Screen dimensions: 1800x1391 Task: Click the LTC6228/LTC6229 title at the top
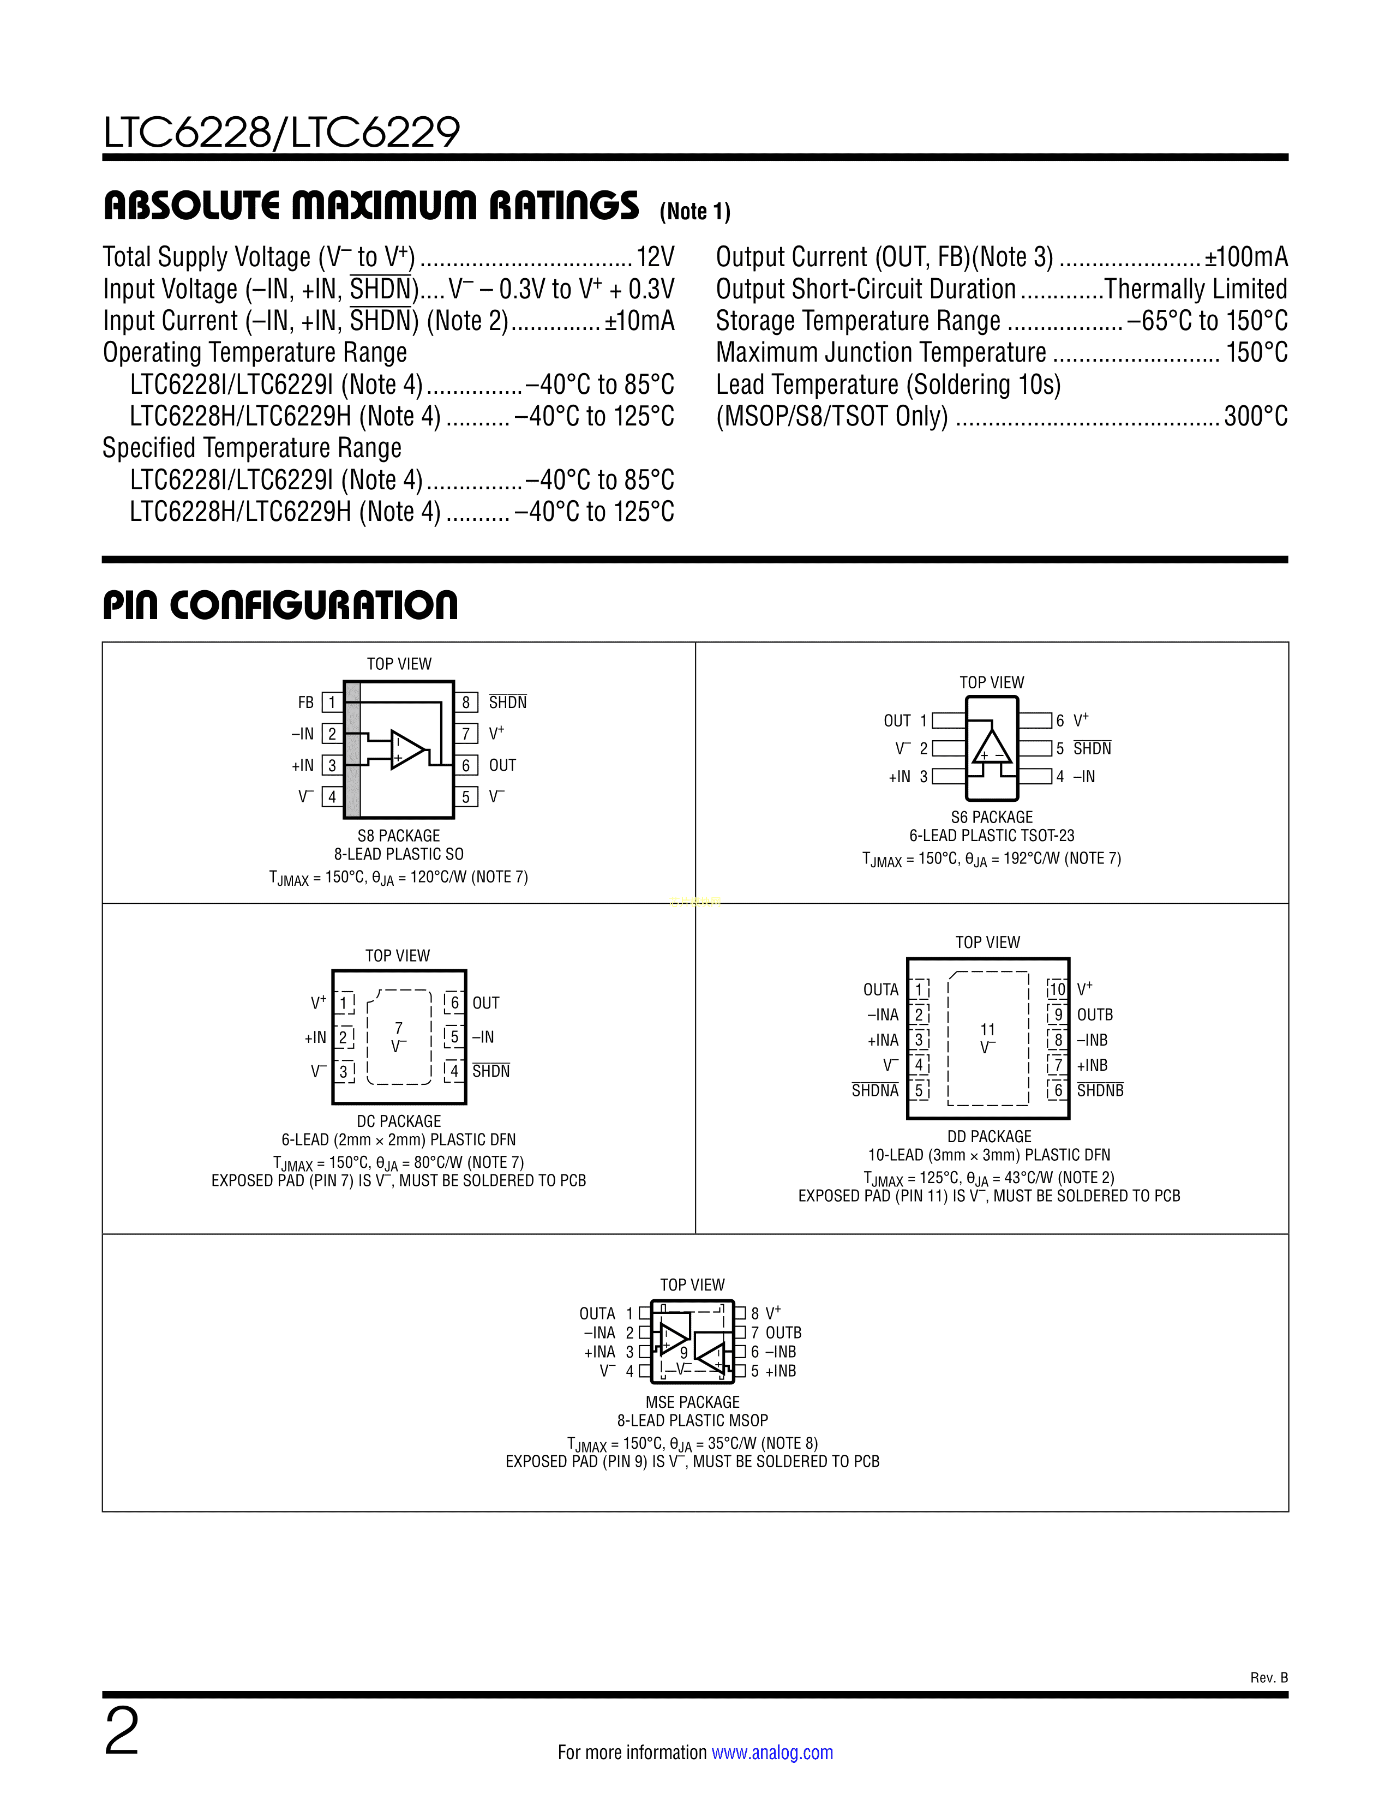[281, 133]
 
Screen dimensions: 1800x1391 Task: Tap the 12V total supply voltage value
[655, 257]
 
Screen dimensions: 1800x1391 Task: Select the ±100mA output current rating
[1245, 257]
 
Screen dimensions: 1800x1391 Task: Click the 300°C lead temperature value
[1255, 416]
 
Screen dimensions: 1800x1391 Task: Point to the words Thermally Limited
[1195, 289]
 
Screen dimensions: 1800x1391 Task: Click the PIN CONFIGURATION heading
[280, 606]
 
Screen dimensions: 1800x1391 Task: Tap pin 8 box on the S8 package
[466, 702]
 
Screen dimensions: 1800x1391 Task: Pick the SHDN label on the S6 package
[1092, 748]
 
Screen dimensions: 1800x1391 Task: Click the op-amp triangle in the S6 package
[991, 747]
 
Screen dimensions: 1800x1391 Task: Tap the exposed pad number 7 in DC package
[399, 1028]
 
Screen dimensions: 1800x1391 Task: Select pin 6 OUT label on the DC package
[485, 1003]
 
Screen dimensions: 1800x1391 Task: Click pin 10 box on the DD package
[1057, 989]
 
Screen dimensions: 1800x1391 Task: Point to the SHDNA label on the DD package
[874, 1090]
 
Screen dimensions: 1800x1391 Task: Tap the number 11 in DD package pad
[987, 1029]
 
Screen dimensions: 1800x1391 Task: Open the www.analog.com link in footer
[771, 1752]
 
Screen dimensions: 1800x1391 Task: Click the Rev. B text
[1268, 1678]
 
